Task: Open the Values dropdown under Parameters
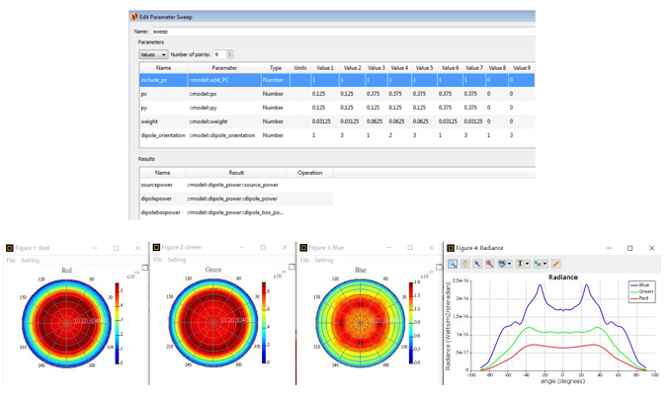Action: pos(153,54)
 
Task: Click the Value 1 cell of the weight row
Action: pos(321,121)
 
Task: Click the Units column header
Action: pos(300,68)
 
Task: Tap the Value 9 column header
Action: pos(521,68)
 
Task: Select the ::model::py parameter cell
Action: pos(205,108)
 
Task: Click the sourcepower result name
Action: pos(158,185)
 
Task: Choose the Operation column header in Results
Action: pos(310,173)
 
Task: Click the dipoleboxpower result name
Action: pos(161,212)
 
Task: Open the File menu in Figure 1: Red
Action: pos(11,261)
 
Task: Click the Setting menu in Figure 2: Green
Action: pos(176,261)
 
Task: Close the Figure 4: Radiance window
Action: pos(651,248)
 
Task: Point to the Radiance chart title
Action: pos(562,278)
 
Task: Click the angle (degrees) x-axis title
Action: pos(562,380)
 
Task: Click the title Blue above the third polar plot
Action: pos(361,270)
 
